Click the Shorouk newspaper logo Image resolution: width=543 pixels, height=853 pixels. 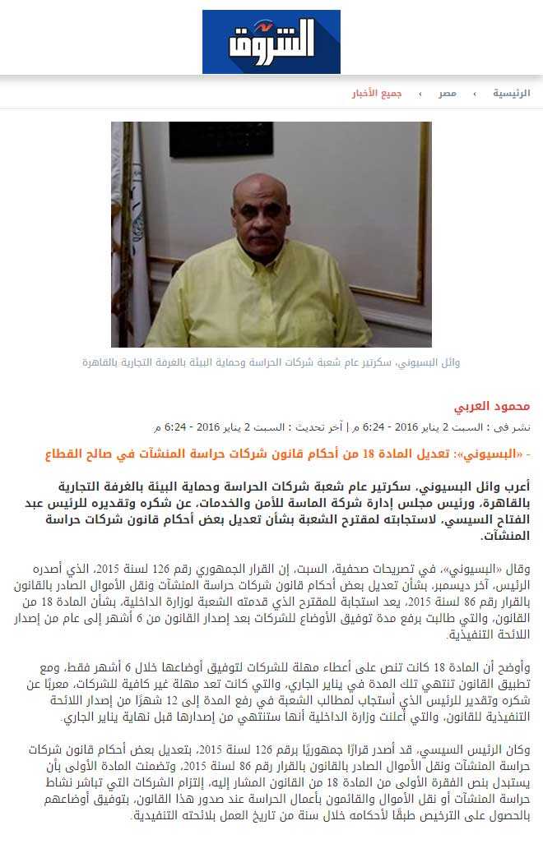pos(271,42)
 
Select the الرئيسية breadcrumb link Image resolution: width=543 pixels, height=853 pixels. pos(512,94)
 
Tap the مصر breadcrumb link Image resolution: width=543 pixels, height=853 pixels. pos(448,94)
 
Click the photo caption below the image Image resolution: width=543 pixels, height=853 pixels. pos(271,362)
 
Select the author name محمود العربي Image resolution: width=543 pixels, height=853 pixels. pos(492,407)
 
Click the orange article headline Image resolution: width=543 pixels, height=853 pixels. pos(288,453)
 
